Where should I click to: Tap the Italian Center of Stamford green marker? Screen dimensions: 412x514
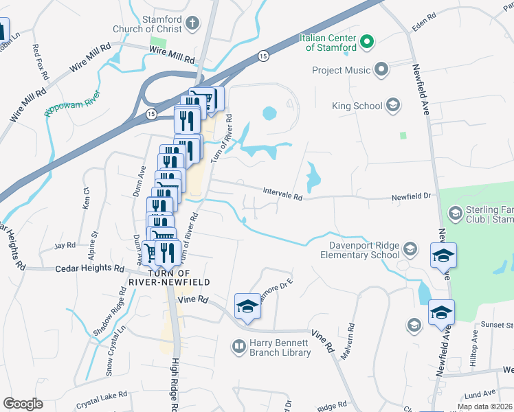coord(367,42)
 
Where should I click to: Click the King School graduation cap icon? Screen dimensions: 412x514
coord(393,105)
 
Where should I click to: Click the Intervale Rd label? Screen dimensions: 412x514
coord(282,194)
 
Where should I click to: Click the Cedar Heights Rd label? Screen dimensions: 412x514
coord(89,269)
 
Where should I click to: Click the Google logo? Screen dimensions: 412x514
coord(23,404)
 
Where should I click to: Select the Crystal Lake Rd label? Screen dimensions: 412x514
coord(102,396)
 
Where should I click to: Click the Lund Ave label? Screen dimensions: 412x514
coord(479,394)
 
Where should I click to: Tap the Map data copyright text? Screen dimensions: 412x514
coord(485,407)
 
